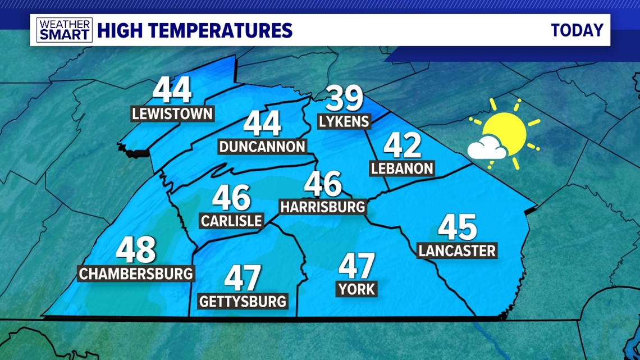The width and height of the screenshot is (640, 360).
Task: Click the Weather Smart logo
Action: point(65,30)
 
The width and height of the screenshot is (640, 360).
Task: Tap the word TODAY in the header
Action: point(577,30)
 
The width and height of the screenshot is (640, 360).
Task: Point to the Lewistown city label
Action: point(172,114)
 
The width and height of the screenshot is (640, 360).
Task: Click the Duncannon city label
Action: point(263,147)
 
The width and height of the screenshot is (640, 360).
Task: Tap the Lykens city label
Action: point(344,121)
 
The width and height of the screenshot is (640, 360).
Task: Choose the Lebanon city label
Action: point(403,168)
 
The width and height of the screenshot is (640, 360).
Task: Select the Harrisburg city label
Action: point(323,207)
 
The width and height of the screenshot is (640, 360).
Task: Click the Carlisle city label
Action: point(231,220)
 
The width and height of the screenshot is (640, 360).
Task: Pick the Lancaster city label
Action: point(458,250)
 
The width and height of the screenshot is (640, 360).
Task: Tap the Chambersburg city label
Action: point(136,274)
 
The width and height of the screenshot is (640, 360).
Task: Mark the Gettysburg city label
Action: point(243,301)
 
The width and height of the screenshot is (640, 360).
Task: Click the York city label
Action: point(356,290)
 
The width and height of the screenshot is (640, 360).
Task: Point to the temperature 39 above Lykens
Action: point(345,99)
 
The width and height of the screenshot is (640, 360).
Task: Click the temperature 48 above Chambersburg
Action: point(136,250)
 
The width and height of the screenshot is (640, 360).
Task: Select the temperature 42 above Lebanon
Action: point(403,145)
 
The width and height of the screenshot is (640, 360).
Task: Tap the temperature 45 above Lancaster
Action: point(458,227)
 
